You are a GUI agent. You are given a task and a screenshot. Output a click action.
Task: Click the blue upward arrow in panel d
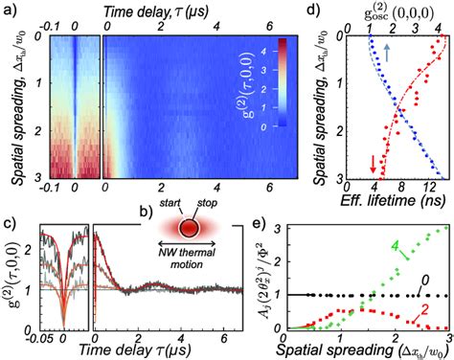[383, 48]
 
